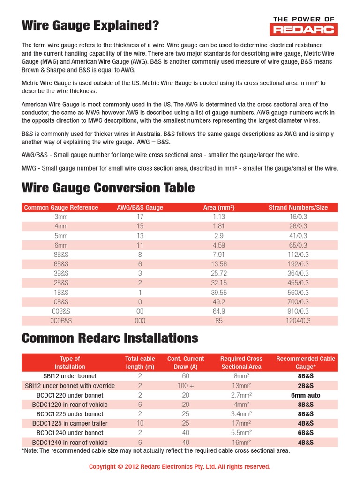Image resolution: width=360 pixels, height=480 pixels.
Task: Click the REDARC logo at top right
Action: pos(304,26)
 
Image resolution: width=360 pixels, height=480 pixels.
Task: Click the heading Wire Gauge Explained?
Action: pos(90,26)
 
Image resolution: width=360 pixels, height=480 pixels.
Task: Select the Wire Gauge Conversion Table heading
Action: pos(108,187)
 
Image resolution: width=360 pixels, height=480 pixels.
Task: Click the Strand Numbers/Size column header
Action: pos(298,208)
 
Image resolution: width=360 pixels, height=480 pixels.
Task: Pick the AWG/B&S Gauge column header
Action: pos(140,208)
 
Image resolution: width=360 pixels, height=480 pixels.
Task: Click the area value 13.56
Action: pos(219,264)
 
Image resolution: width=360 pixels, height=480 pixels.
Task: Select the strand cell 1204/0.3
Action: pos(298,321)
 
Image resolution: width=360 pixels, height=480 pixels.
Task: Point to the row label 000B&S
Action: pos(61,321)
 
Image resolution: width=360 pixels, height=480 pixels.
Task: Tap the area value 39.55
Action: pos(219,292)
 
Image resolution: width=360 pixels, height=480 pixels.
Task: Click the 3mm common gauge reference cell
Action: pos(61,217)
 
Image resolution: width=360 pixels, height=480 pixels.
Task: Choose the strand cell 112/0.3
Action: pos(298,255)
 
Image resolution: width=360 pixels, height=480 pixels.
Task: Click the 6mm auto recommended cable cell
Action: pos(306,395)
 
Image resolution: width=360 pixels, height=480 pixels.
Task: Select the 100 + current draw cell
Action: pos(186,386)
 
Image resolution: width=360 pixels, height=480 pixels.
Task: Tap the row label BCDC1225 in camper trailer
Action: pos(70,423)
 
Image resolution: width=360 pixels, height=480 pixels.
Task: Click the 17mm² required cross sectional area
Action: pos(242,423)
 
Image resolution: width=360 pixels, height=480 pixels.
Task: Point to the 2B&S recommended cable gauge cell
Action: pos(306,386)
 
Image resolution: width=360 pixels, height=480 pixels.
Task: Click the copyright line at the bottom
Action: pos(180,466)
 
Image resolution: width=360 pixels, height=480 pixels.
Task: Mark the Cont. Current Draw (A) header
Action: pos(186,363)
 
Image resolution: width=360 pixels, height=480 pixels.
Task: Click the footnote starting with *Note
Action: pos(156,451)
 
